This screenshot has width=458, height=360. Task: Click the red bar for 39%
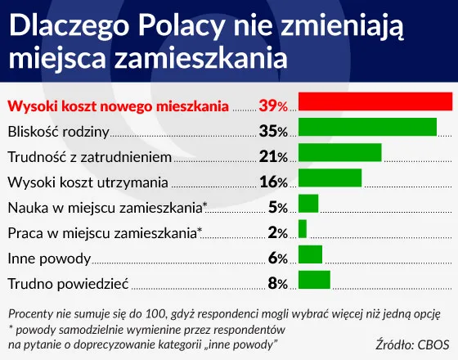coord(375,101)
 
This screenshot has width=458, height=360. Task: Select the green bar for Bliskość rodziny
coord(367,128)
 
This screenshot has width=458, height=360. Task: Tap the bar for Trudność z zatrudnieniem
coord(340,153)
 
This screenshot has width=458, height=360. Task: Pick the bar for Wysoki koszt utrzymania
coord(330,178)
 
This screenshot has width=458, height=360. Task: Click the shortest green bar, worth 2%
coord(303,229)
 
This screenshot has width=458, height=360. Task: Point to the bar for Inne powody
coord(310,254)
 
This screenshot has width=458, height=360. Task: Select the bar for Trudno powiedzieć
coord(314,280)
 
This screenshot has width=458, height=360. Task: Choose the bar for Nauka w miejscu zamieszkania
coord(308,204)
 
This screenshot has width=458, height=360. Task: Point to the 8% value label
coord(276,284)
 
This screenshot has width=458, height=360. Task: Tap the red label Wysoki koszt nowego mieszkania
coord(118,105)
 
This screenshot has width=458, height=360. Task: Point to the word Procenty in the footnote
coord(30,314)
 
